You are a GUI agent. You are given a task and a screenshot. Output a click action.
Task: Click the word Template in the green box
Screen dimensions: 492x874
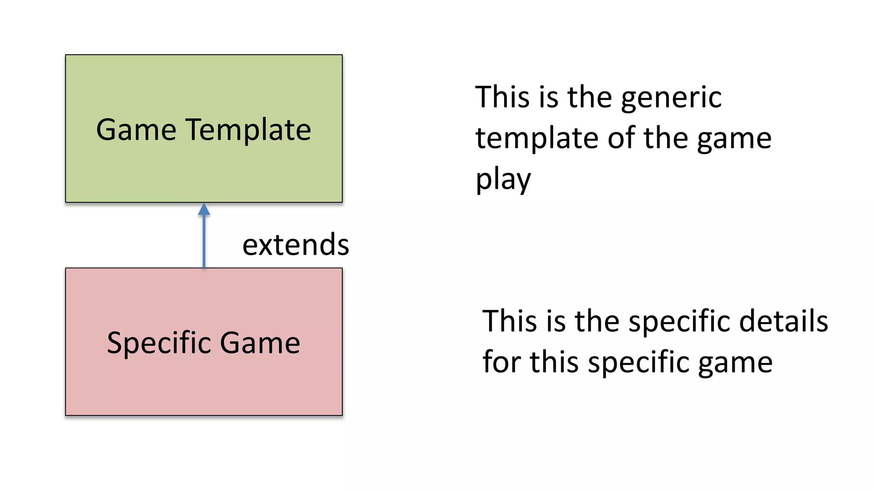pyautogui.click(x=248, y=129)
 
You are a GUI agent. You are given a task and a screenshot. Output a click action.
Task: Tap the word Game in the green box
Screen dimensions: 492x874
pyautogui.click(x=136, y=129)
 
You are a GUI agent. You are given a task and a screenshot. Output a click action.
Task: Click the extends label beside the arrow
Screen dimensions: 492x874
pyautogui.click(x=296, y=245)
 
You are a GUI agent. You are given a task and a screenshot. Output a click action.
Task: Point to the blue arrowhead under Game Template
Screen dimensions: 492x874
pyautogui.click(x=204, y=209)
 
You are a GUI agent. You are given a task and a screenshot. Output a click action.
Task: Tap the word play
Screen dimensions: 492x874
pyautogui.click(x=503, y=179)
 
